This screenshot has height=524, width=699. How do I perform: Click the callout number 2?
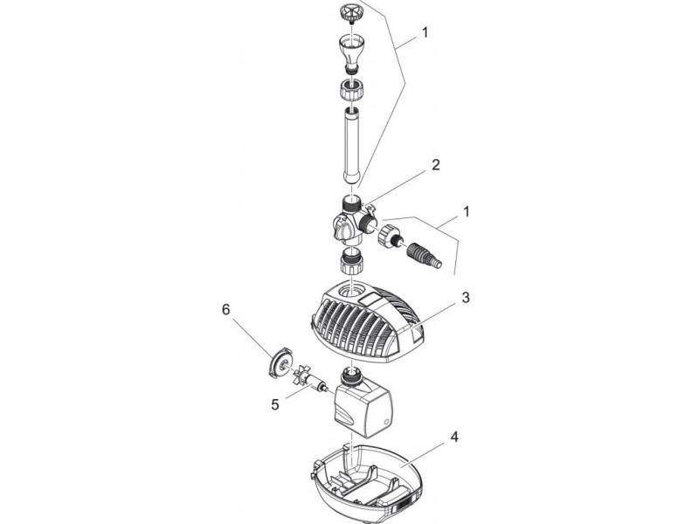[x=435, y=164]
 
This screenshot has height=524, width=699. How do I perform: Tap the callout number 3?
[x=466, y=297]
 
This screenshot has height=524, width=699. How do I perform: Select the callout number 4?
[x=453, y=437]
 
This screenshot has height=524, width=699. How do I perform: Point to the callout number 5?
[x=275, y=404]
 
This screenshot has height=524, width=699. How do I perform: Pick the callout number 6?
[x=226, y=309]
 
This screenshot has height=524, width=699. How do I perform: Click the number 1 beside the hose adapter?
[x=467, y=211]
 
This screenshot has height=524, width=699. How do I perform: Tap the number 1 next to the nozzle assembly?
[x=425, y=32]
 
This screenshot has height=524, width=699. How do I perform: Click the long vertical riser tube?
[x=352, y=145]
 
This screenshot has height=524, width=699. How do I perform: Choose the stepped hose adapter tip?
[x=425, y=255]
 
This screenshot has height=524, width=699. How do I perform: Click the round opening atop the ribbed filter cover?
[x=350, y=293]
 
